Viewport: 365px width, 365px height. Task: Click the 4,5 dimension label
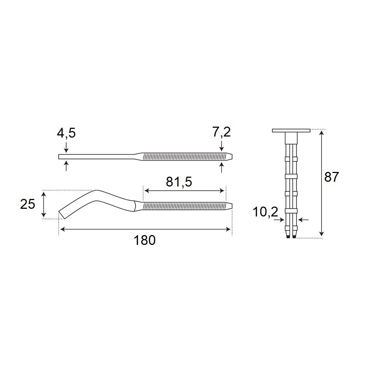66,133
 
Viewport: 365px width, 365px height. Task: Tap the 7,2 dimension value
221,132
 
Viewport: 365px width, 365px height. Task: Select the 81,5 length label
179,182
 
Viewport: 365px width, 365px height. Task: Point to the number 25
28,204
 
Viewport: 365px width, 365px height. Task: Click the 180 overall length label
144,240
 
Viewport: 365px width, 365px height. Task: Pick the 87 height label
332,177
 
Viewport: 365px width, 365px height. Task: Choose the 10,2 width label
265,212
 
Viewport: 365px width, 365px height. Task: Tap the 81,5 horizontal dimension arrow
184,191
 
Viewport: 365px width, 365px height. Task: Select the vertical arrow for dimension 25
43,204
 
